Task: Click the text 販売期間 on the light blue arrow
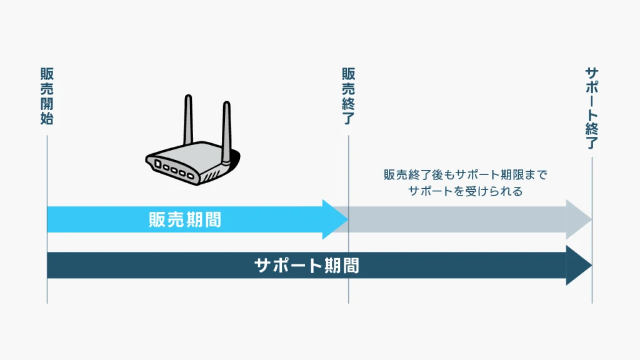pos(185,220)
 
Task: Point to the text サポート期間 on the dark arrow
pos(307,266)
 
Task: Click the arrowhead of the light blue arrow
pos(335,219)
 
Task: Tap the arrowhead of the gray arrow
pos(578,220)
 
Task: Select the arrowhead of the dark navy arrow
pos(578,266)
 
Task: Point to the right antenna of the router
pos(226,128)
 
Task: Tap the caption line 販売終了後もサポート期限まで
pos(465,175)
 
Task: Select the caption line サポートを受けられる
pos(465,191)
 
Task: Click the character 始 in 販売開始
pos(47,118)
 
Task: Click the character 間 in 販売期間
pos(212,220)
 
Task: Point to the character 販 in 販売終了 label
pos(348,74)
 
